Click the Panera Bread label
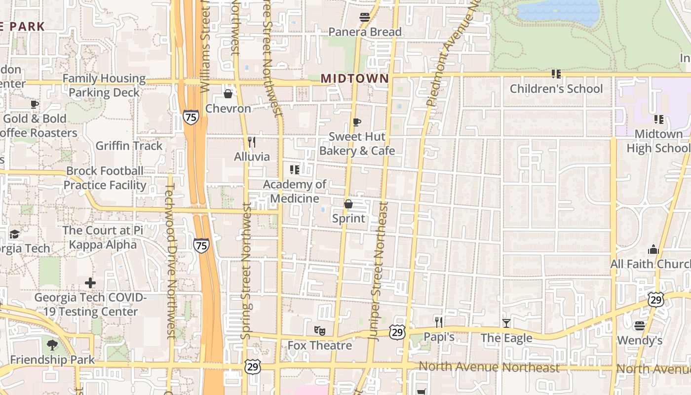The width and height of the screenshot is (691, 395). pos(365,32)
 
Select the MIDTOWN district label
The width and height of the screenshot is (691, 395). pos(355,79)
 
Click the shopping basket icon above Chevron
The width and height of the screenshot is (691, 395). pos(228,94)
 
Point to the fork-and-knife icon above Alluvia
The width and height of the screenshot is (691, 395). pos(252,142)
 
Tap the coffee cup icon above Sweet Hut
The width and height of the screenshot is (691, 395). pos(357,122)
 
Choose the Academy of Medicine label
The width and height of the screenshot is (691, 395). pos(295,192)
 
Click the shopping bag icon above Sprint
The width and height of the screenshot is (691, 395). pos(348,204)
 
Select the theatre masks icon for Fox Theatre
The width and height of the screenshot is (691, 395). pos(319,330)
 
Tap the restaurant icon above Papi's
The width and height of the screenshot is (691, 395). pos(439,322)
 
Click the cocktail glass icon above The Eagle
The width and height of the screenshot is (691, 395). pos(506,323)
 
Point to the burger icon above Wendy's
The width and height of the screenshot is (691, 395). pos(640,326)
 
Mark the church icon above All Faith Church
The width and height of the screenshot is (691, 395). pos(653,249)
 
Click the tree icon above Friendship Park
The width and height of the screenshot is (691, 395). pos(52,345)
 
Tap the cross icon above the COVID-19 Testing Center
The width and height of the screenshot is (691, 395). pos(90,283)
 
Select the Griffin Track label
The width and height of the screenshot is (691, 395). pos(129,146)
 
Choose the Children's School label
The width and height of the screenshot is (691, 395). pos(556,89)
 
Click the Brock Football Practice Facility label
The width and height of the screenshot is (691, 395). pos(105,178)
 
